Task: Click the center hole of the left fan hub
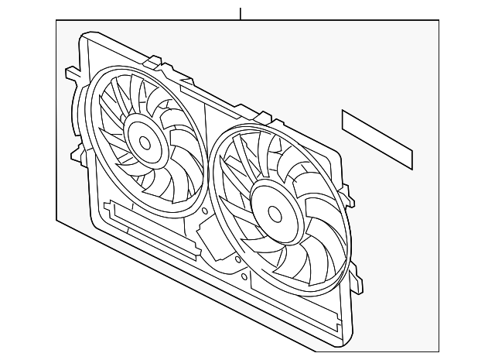145,142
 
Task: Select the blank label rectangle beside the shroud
377,139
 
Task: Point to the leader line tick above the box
241,13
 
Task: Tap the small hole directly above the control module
203,211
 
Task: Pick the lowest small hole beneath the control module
244,276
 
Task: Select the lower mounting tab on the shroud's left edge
78,153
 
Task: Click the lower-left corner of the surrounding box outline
56,220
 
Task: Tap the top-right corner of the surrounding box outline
439,21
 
